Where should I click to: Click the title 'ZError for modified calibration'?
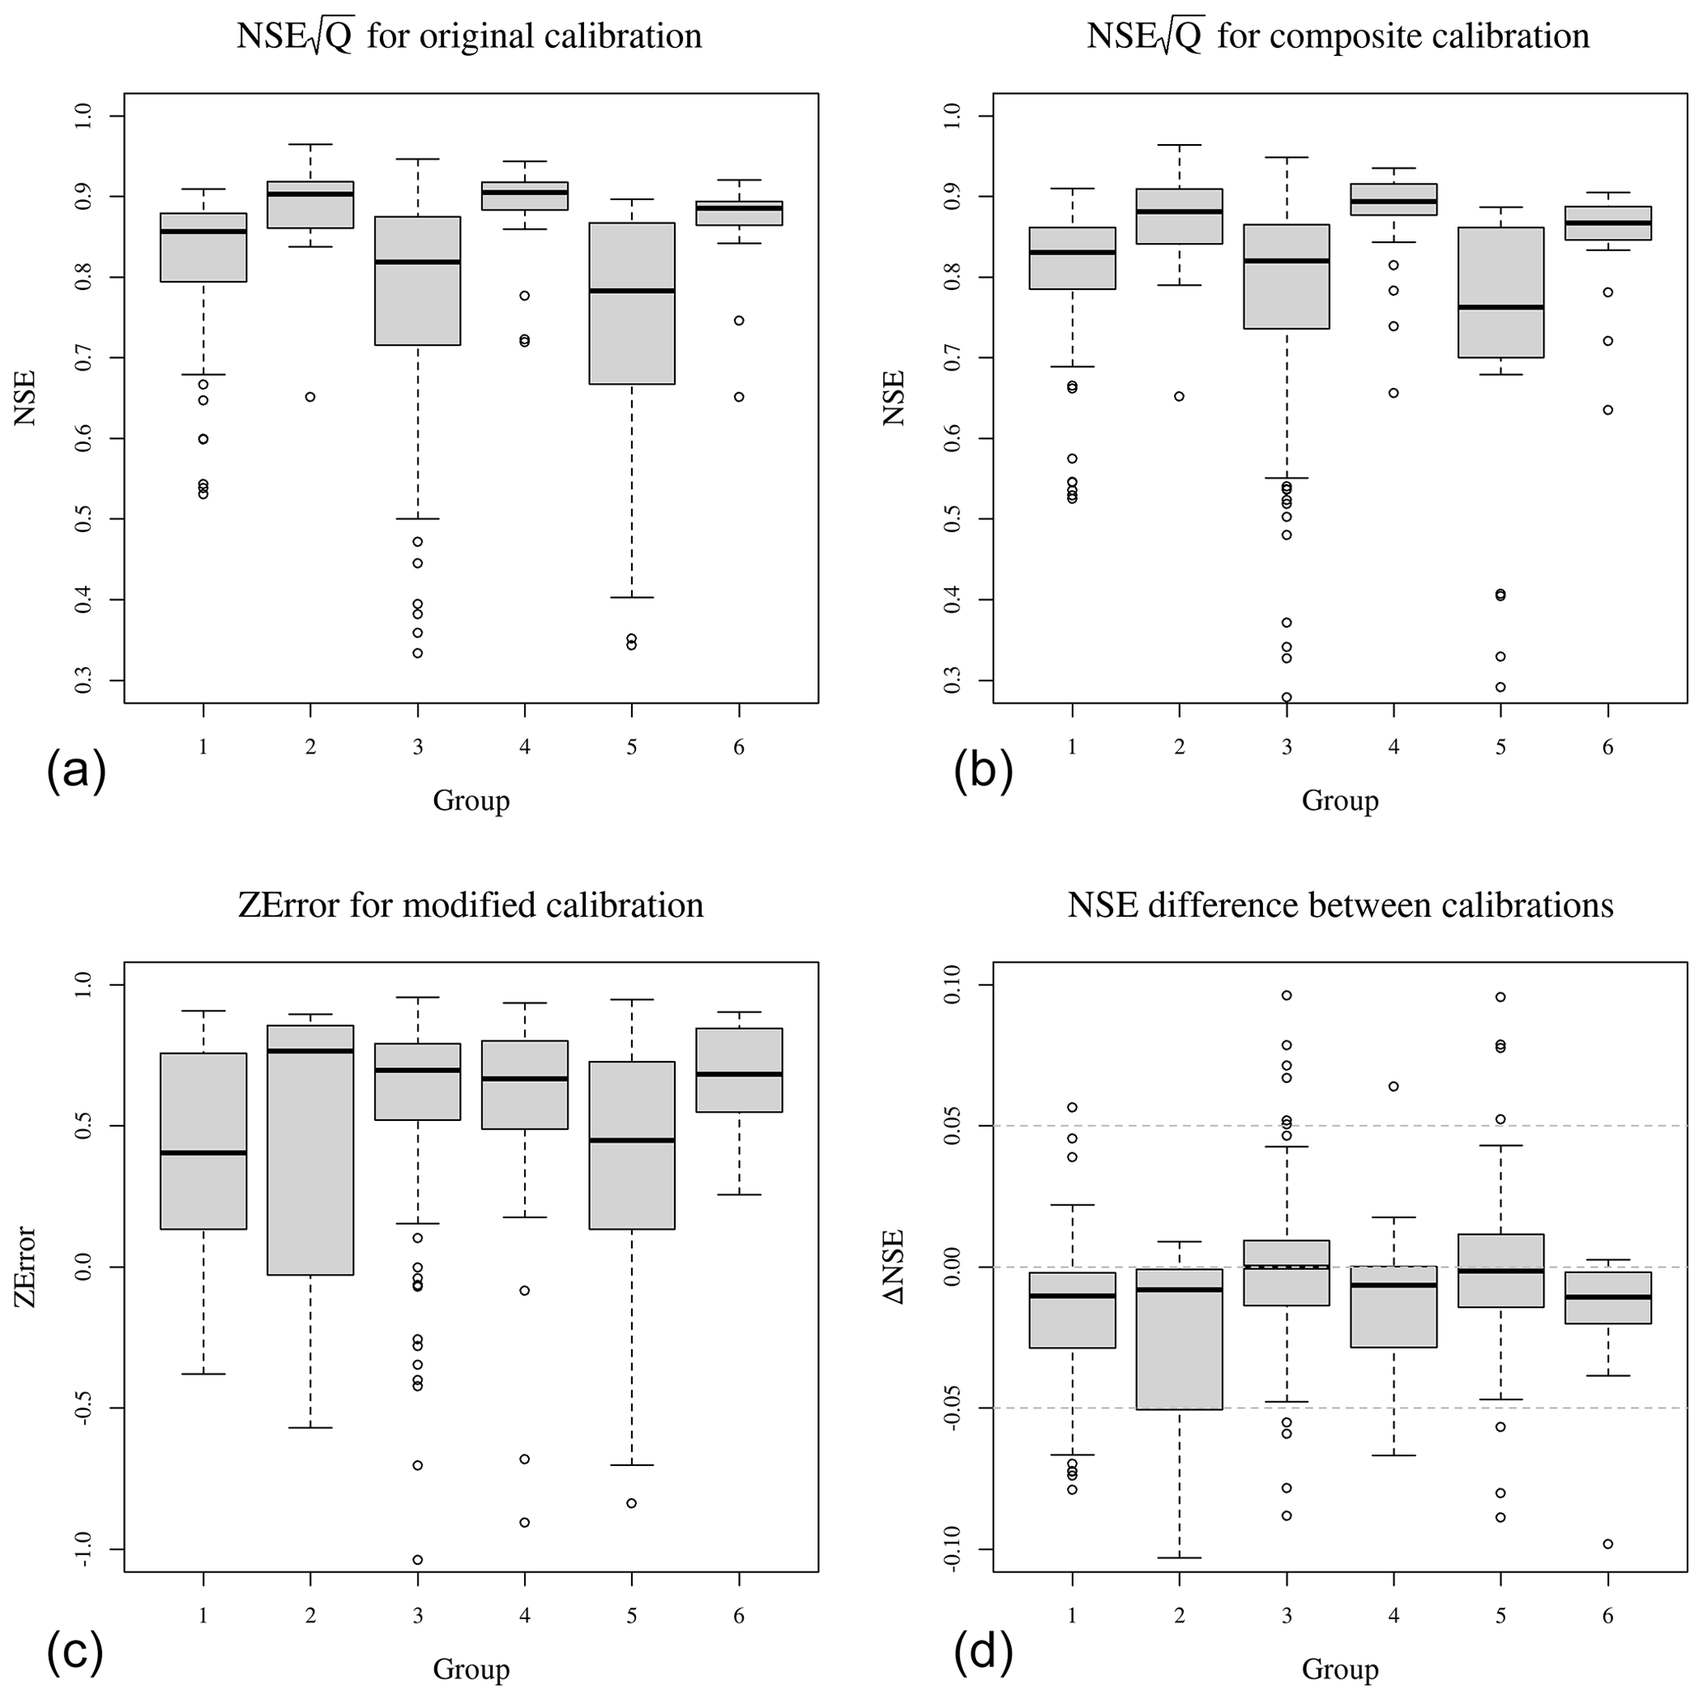pyautogui.click(x=470, y=906)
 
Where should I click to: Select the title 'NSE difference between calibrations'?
pyautogui.click(x=1340, y=906)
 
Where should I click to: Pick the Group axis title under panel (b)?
pyautogui.click(x=1340, y=801)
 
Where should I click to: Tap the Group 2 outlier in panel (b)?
pyautogui.click(x=1179, y=395)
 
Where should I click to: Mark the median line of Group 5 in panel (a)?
pyautogui.click(x=632, y=291)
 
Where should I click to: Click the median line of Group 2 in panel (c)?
pyautogui.click(x=311, y=1050)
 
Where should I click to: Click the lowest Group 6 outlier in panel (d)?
pyautogui.click(x=1607, y=1544)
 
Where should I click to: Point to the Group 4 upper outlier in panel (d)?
pyautogui.click(x=1393, y=1086)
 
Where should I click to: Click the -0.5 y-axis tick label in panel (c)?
pyautogui.click(x=85, y=1408)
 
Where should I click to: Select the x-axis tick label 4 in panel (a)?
pyautogui.click(x=525, y=747)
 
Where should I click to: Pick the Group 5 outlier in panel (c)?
pyautogui.click(x=632, y=1502)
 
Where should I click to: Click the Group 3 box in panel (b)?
pyautogui.click(x=1286, y=277)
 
